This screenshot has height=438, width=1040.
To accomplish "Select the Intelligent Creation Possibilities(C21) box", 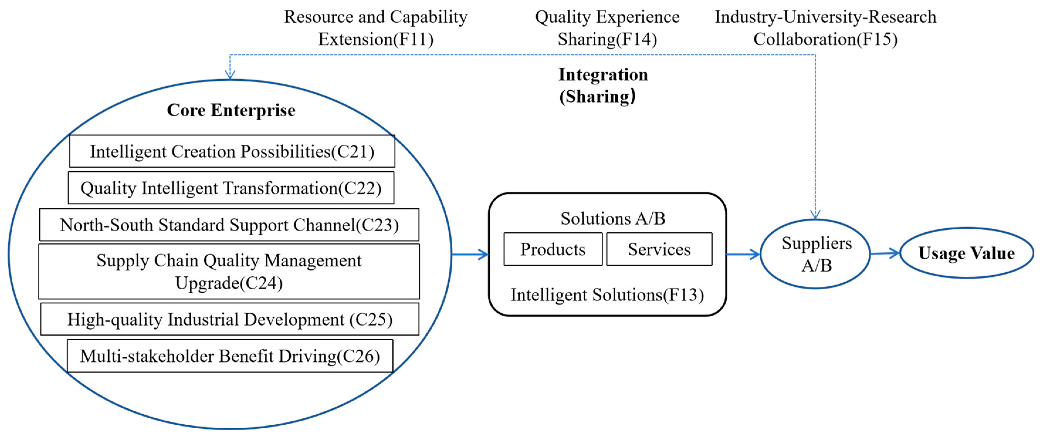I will [x=232, y=151].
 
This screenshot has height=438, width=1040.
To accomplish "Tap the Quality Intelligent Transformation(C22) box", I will [x=231, y=188].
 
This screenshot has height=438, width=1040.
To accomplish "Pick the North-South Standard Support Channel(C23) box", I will [x=229, y=225].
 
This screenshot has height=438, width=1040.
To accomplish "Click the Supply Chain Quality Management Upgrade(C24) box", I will [x=229, y=271].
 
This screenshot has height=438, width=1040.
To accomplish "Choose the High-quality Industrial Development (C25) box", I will [x=230, y=319].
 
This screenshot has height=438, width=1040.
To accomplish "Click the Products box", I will [x=553, y=249].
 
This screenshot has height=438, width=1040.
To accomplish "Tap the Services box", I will [x=659, y=249].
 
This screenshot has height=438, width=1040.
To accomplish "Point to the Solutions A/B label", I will [x=612, y=218].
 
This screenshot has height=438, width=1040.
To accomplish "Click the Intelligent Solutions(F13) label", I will [x=607, y=295].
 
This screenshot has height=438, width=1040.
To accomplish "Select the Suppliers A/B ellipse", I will [x=816, y=254].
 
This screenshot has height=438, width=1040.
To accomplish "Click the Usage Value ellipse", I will [x=966, y=253].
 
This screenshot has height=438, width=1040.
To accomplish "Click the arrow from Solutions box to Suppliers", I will [x=743, y=254].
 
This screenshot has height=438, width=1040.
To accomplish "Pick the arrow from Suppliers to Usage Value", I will [x=885, y=253].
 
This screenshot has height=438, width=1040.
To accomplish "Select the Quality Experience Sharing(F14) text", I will [x=607, y=28].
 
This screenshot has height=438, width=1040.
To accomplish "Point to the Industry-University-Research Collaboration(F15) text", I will [x=826, y=28].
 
